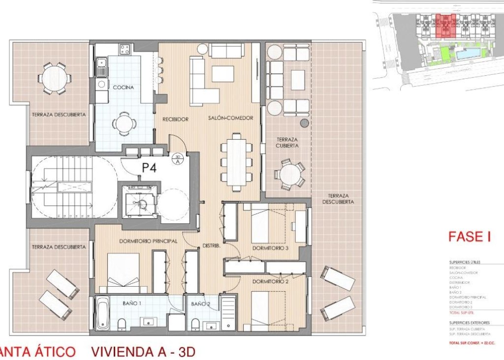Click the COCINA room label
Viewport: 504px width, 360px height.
click(124, 88)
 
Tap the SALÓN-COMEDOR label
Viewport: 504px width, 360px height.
click(230, 119)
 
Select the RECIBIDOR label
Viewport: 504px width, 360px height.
click(170, 119)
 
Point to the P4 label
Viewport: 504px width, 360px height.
click(150, 168)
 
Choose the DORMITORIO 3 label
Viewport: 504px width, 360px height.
click(270, 248)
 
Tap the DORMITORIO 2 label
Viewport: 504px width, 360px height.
click(270, 282)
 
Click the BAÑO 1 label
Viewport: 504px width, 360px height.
click(132, 303)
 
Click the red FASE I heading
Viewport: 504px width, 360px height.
click(470, 237)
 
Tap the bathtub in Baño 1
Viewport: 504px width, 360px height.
click(102, 314)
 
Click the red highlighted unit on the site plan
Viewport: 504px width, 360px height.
click(445, 26)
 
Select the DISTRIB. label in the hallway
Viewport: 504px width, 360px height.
click(211, 245)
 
